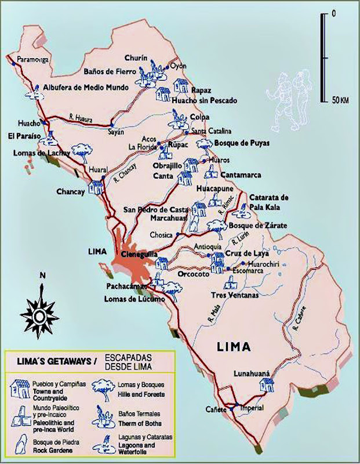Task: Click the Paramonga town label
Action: click(34, 60)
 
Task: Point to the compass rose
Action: click(38, 314)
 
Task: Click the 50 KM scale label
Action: click(336, 101)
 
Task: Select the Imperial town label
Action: click(252, 408)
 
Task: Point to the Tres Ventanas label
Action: click(234, 295)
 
